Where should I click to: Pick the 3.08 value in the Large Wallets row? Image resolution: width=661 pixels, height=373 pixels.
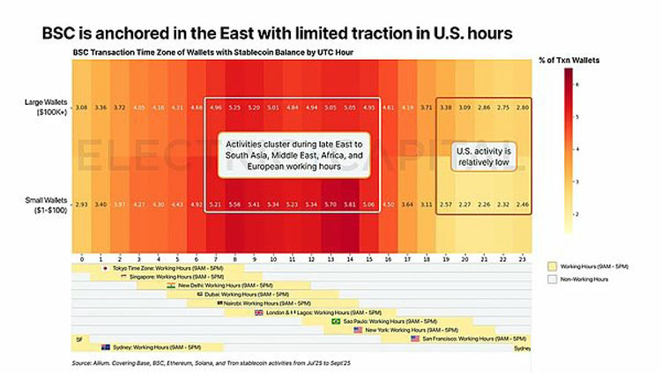point(81,107)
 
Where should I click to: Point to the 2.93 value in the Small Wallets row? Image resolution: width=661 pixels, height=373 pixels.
point(81,204)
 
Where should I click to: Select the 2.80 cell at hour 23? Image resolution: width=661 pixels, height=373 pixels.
point(521,107)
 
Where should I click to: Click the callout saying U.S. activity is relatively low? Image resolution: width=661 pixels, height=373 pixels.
point(482,156)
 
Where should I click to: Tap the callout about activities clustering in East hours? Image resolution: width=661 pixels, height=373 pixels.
point(293,155)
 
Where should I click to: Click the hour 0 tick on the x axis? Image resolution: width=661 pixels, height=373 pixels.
point(81,259)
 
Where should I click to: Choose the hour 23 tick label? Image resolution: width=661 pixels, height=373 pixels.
point(521,259)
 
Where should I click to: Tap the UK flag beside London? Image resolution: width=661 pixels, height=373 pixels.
point(259,312)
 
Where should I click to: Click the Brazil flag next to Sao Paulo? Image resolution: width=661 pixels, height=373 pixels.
point(335,321)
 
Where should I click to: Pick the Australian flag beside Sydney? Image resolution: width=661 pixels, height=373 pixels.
point(106,347)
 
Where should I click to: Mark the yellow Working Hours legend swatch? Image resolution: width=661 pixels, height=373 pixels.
point(553,265)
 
